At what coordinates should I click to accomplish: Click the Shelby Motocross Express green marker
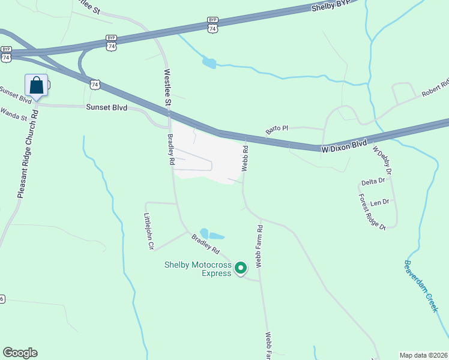(x=241, y=268)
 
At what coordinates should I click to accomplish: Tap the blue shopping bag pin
(x=37, y=86)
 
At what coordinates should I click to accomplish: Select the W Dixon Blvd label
(x=344, y=145)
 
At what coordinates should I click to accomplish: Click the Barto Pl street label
(x=277, y=128)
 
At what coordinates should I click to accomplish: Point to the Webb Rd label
(x=246, y=158)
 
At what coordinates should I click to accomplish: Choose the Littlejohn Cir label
(x=149, y=231)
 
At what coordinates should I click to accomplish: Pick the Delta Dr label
(x=373, y=182)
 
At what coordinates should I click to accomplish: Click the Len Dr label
(x=380, y=202)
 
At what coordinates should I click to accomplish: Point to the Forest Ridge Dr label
(x=372, y=211)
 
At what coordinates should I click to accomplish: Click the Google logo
(x=20, y=353)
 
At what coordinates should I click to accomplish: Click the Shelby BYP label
(x=330, y=7)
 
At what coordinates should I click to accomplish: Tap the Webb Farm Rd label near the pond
(x=259, y=246)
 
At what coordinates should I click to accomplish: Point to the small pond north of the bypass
(x=209, y=62)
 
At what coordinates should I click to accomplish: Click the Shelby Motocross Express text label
(x=198, y=269)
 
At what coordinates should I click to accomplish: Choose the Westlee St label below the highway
(x=168, y=89)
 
